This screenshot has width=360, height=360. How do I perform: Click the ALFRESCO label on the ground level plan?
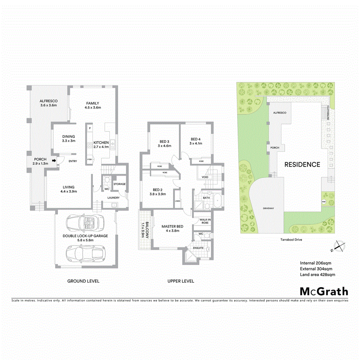pyautogui.click(x=48, y=101)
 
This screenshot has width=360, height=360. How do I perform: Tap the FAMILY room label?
pyautogui.click(x=93, y=103)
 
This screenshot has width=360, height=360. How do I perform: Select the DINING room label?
pyautogui.click(x=68, y=136)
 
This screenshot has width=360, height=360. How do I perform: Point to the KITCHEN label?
pyautogui.click(x=101, y=143)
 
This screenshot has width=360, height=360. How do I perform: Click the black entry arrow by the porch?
pyautogui.click(x=54, y=160)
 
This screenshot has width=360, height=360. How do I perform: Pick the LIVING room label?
pyautogui.click(x=69, y=187)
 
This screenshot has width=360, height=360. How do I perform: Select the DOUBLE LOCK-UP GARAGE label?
pyautogui.click(x=85, y=236)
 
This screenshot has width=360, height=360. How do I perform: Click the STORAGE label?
pyautogui.click(x=119, y=184)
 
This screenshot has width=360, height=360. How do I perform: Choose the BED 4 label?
pyautogui.click(x=196, y=139)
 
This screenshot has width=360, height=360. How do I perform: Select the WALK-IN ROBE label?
pyautogui.click(x=205, y=221)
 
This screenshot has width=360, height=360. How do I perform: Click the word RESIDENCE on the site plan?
pyautogui.click(x=302, y=164)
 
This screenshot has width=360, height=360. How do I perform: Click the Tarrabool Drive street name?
pyautogui.click(x=291, y=239)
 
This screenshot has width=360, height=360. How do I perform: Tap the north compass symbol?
pyautogui.click(x=339, y=245)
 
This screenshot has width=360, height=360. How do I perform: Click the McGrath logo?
pyautogui.click(x=324, y=291)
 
